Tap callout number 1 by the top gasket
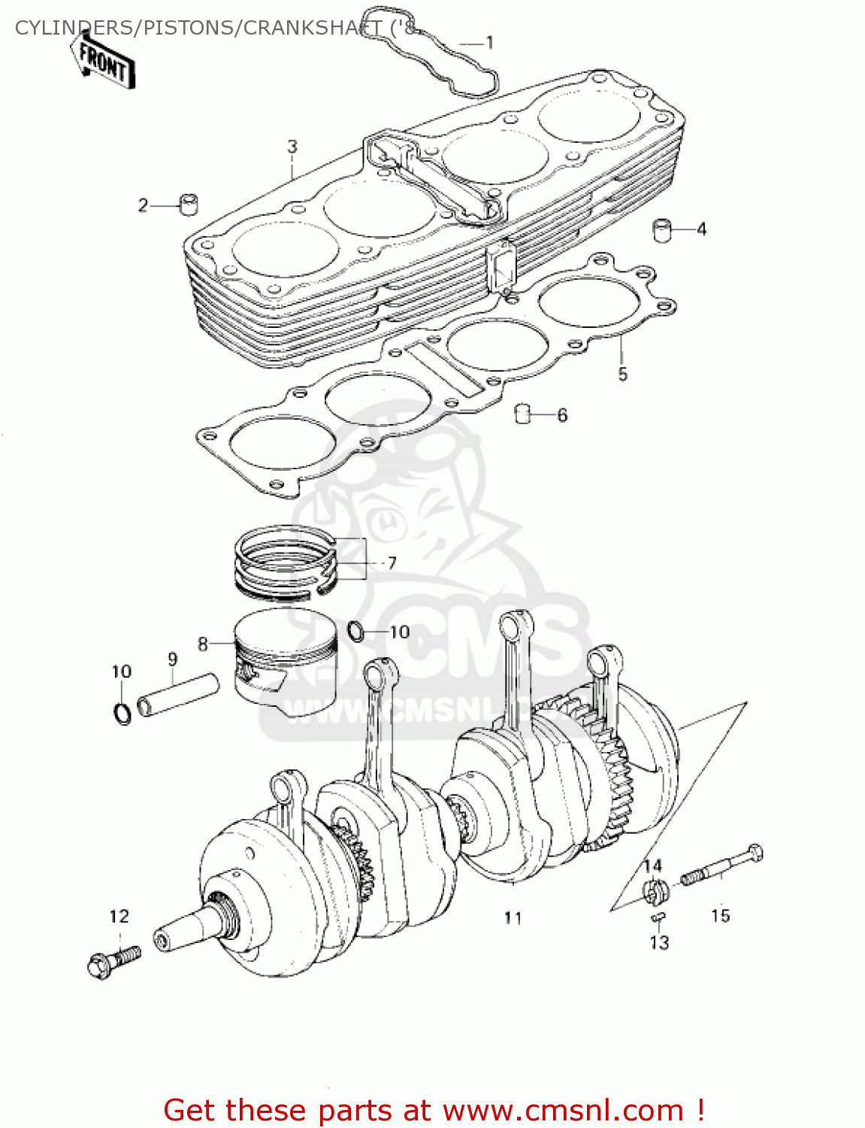tap(489, 43)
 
